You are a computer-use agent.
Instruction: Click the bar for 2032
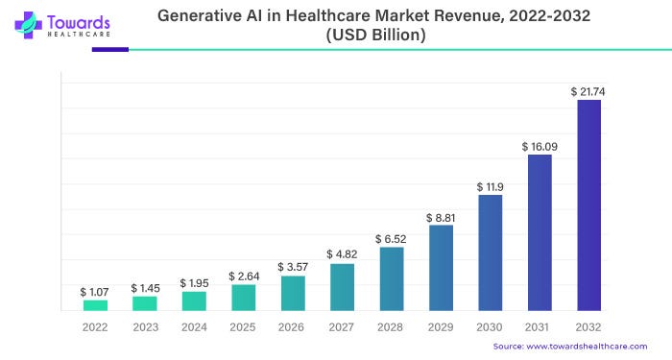point(588,205)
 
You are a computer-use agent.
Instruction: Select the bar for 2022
point(95,305)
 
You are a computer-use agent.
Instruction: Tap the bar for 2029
point(441,268)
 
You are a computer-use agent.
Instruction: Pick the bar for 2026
point(293,294)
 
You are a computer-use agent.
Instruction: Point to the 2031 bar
point(540,232)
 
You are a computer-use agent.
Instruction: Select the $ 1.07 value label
point(95,291)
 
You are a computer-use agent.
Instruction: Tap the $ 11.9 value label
point(490,186)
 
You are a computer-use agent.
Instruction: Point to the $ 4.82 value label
point(342,254)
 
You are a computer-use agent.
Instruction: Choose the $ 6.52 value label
point(392,238)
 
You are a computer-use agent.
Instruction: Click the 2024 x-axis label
point(194,326)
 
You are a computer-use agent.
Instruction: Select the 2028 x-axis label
point(392,326)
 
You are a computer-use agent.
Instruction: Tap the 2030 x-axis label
point(490,326)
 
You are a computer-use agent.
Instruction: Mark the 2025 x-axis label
point(243,326)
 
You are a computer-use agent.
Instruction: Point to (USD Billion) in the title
point(376,34)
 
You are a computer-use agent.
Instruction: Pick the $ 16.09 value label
point(540,147)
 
